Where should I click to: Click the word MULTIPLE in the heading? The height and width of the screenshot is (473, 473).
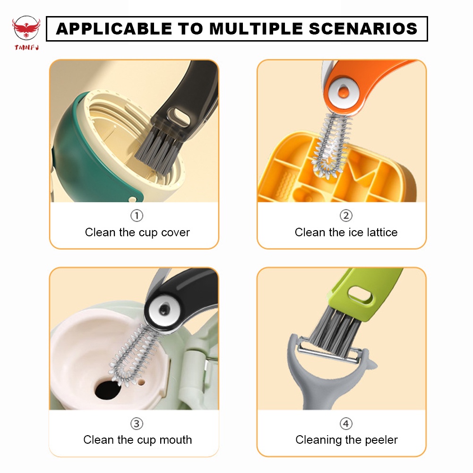256,29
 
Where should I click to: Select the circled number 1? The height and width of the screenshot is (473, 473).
137,216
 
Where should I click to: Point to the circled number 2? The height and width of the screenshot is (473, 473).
346,216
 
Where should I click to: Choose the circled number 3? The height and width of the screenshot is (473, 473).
137,424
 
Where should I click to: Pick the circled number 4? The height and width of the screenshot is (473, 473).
346,424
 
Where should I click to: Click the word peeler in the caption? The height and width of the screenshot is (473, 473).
381,440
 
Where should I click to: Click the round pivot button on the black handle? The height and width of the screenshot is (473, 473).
164,310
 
